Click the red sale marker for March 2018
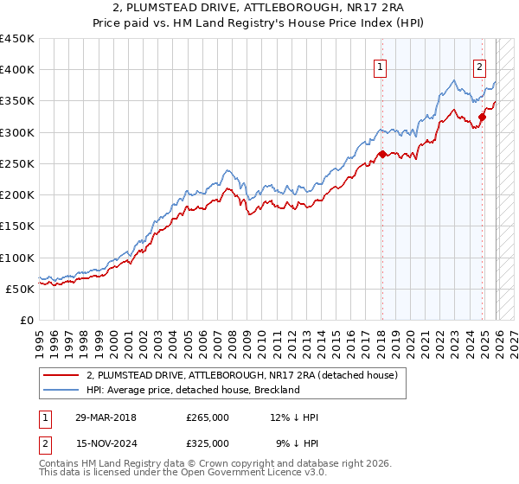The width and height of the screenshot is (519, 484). tap(381, 155)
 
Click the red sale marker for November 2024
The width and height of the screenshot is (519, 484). tap(482, 118)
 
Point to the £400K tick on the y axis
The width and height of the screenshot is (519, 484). tap(17, 70)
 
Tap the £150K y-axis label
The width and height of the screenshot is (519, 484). tap(17, 226)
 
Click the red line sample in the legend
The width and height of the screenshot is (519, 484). tap(61, 375)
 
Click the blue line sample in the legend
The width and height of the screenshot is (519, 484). tap(61, 390)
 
